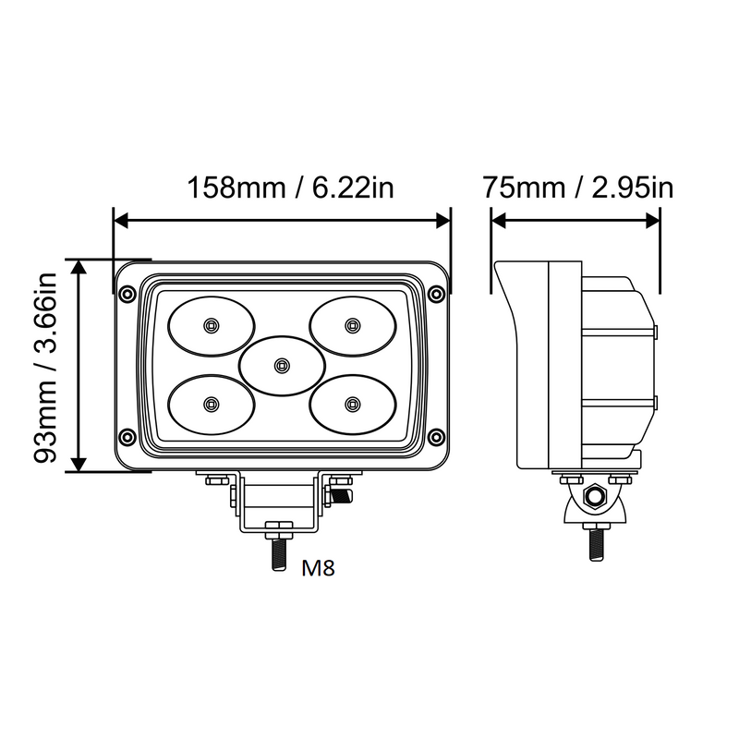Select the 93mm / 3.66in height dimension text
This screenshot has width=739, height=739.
pos(45,365)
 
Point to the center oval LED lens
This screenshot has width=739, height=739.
pos(280,365)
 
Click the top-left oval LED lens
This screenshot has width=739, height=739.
pos(211,324)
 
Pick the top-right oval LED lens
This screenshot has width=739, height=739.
pos(350,324)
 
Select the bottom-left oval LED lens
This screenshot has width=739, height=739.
pos(211,403)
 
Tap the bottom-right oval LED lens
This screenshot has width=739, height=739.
pos(350,403)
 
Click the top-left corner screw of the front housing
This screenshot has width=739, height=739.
pos(127,294)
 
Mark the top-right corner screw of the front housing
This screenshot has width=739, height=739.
pos(436,294)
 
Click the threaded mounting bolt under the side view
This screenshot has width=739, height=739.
pos(596,541)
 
